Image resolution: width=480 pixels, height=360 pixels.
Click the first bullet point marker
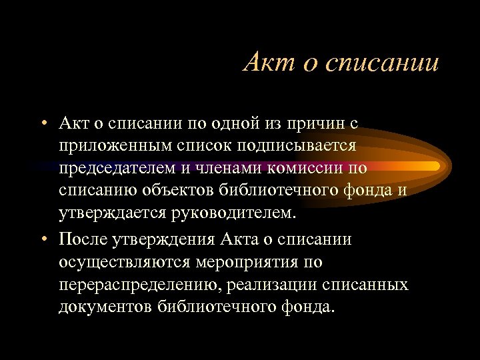[x=42, y=123]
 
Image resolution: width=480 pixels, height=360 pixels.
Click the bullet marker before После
[x=42, y=239]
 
